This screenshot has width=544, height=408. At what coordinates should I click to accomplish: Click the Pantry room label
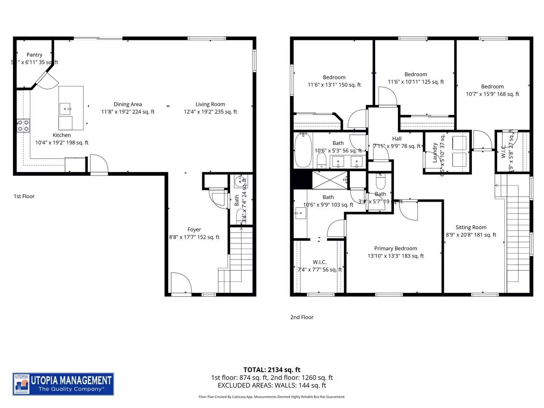click(x=34, y=55)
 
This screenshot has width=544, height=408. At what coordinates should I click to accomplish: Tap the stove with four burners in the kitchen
click(x=23, y=125)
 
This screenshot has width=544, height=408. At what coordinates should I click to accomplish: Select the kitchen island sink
click(x=65, y=109)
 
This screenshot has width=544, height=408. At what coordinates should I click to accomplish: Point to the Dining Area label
click(x=128, y=104)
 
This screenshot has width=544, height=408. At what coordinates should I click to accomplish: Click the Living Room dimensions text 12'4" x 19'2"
click(x=210, y=112)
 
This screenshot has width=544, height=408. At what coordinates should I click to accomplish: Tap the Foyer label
click(x=194, y=230)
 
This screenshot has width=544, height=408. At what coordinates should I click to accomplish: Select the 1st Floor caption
click(x=24, y=196)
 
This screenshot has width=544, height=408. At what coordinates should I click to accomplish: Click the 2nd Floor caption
click(x=302, y=317)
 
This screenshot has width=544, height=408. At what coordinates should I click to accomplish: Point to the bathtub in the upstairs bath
click(x=303, y=150)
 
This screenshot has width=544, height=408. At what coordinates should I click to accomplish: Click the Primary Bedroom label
click(x=396, y=249)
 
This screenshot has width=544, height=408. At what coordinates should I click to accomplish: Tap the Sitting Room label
click(x=471, y=227)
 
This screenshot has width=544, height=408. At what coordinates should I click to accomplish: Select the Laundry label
click(x=435, y=152)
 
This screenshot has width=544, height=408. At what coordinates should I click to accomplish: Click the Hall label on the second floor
click(x=397, y=139)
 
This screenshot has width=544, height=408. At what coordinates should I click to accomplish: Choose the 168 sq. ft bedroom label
click(x=492, y=87)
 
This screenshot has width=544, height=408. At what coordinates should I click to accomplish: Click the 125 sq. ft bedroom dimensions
click(x=416, y=82)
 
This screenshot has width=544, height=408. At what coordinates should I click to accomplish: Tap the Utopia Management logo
click(x=63, y=384)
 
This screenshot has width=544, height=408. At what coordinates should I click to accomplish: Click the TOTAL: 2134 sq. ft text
click(x=272, y=370)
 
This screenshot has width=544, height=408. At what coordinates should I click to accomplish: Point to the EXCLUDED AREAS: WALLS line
click(x=272, y=385)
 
